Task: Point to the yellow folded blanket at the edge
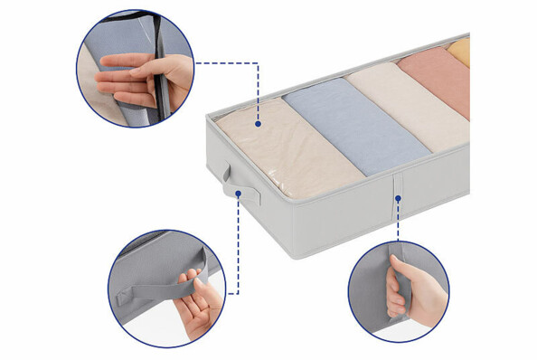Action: (x=461, y=52)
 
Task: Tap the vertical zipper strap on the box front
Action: (x=397, y=194)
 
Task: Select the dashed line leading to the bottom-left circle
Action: (x=237, y=244)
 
